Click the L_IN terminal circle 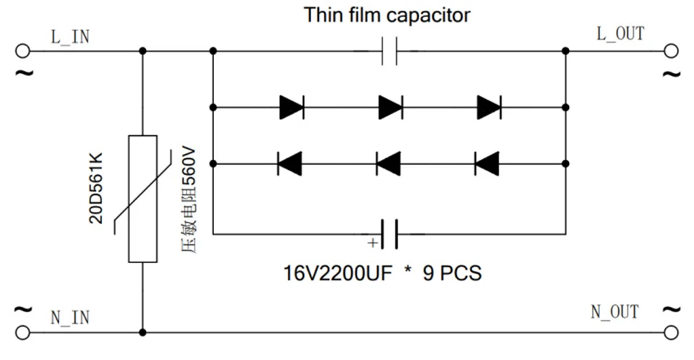[22, 51]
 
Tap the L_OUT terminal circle [671, 51]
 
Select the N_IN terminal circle [22, 332]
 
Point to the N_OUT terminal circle [671, 332]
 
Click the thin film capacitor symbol [390, 51]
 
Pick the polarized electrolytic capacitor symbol [390, 233]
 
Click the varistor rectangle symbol [142, 199]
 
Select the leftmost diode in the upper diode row [291, 107]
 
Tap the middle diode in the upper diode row [390, 107]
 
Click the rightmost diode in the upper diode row [489, 107]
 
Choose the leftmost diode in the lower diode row [289, 164]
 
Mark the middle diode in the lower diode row [388, 164]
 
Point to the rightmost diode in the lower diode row [487, 164]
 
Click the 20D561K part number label [96, 188]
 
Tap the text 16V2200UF [338, 273]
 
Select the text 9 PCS [452, 273]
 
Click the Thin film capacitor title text [387, 15]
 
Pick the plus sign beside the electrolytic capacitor [373, 243]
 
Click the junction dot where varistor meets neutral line [142, 332]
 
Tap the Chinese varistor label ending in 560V [189, 200]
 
